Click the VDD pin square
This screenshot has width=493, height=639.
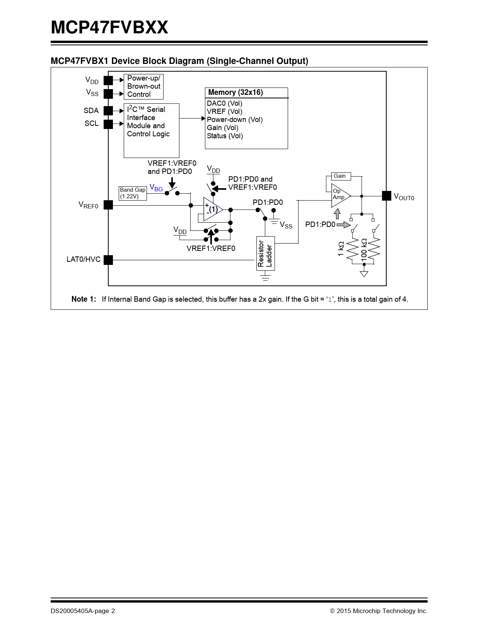click(108, 81)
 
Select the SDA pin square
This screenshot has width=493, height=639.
click(108, 111)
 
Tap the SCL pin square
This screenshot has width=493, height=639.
click(108, 124)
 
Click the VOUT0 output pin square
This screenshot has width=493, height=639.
click(386, 196)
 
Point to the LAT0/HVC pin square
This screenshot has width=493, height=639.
click(108, 260)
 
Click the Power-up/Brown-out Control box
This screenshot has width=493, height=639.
click(143, 86)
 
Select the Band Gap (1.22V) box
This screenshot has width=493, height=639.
click(133, 193)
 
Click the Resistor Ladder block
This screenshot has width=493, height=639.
click(266, 254)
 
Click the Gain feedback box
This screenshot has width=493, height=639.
click(341, 176)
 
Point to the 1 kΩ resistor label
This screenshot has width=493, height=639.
click(341, 249)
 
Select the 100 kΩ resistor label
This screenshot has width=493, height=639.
click(364, 249)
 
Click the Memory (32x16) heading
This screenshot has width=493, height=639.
click(235, 93)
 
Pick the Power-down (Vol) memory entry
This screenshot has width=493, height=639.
click(235, 120)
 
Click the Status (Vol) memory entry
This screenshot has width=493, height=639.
click(225, 136)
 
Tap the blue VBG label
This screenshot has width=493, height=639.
click(156, 188)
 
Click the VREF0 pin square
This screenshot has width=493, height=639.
click(108, 205)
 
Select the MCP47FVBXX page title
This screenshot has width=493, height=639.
click(109, 27)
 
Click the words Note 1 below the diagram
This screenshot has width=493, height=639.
click(84, 299)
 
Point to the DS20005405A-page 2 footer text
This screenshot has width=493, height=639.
click(83, 611)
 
